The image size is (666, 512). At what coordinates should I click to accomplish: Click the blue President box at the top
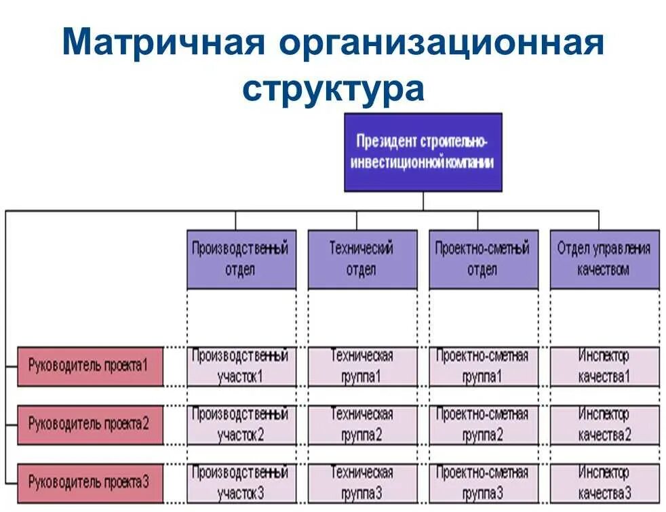pyautogui.click(x=423, y=152)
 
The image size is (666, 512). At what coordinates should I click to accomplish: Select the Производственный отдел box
pyautogui.click(x=241, y=259)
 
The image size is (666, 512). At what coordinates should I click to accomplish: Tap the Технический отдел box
pyautogui.click(x=362, y=259)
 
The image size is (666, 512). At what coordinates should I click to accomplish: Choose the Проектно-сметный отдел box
pyautogui.click(x=483, y=259)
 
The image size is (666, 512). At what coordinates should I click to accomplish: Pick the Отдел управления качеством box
pyautogui.click(x=604, y=259)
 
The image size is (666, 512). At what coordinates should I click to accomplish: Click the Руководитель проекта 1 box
pyautogui.click(x=90, y=366)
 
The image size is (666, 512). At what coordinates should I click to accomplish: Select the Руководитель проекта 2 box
pyautogui.click(x=90, y=425)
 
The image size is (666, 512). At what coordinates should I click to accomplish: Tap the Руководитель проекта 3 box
pyautogui.click(x=90, y=483)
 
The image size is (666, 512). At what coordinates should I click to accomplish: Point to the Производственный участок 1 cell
pyautogui.click(x=241, y=366)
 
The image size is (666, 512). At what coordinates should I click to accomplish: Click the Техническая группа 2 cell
pyautogui.click(x=362, y=425)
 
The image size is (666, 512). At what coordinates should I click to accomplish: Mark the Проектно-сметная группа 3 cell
pyautogui.click(x=483, y=483)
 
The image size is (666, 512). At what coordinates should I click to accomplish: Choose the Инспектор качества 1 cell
pyautogui.click(x=604, y=366)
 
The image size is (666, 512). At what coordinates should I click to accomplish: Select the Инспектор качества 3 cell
pyautogui.click(x=604, y=483)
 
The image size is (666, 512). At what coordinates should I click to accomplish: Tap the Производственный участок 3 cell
pyautogui.click(x=241, y=483)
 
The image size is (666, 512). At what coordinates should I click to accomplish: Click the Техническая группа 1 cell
pyautogui.click(x=362, y=366)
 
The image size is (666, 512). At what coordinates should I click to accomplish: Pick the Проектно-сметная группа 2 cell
pyautogui.click(x=483, y=425)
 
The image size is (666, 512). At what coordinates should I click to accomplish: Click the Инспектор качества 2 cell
pyautogui.click(x=604, y=425)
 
